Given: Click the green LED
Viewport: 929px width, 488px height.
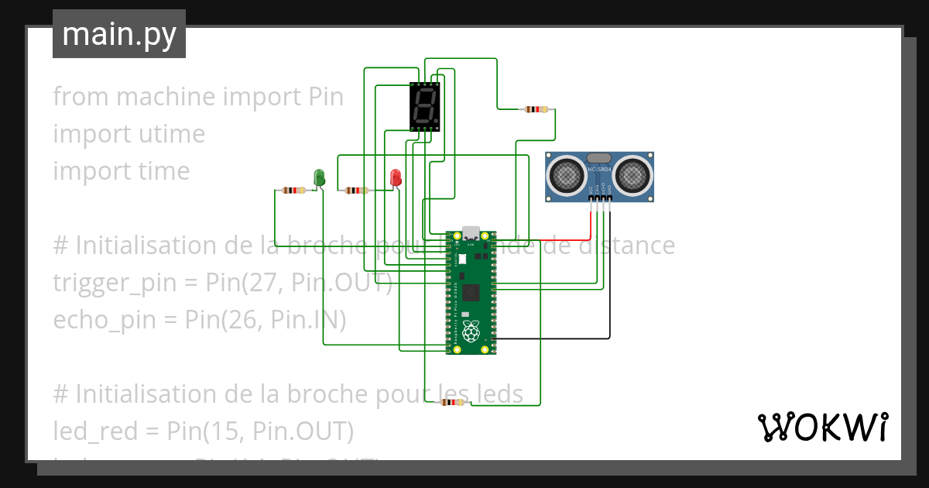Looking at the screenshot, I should (x=318, y=177).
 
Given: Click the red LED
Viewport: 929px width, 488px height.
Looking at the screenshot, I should (x=396, y=177).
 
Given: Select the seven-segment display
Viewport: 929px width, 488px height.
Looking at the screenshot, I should (x=424, y=106).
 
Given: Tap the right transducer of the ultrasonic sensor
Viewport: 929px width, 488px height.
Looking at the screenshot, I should (x=632, y=175).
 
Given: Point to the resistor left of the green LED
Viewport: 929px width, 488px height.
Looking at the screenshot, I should (x=293, y=190).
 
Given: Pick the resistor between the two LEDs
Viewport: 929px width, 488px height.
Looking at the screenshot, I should (x=355, y=190).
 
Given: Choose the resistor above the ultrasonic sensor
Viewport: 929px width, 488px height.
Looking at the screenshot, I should (x=536, y=109).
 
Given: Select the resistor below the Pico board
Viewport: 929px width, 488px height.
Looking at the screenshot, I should (x=451, y=402).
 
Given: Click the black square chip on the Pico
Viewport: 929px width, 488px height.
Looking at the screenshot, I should (x=472, y=292).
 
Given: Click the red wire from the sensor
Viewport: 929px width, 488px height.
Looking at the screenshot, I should (x=591, y=221).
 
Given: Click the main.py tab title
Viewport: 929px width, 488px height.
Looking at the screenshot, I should (x=119, y=34).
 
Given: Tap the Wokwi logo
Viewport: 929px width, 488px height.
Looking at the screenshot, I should (x=821, y=427).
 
